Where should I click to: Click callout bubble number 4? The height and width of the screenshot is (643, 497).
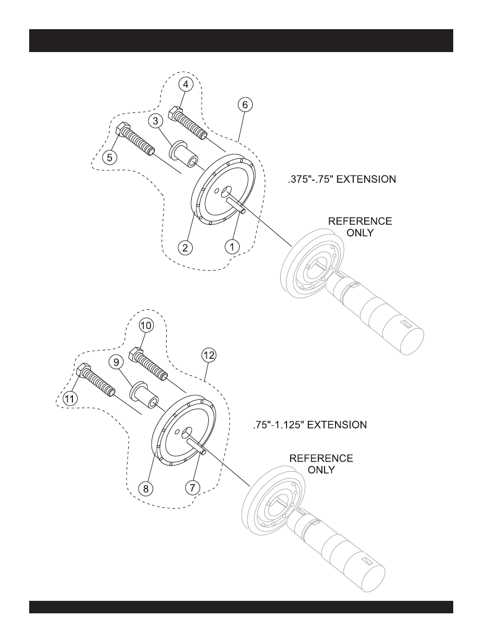pos(187,84)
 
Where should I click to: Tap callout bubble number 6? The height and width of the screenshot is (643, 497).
pos(245,105)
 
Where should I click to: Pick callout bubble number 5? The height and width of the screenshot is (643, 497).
pos(109,157)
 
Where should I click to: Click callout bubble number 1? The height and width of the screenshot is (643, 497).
pos(232,246)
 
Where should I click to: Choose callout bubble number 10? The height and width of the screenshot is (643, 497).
pos(146,325)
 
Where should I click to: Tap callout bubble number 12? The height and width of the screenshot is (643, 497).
pos(209,355)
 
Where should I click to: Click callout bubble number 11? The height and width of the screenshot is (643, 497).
pos(70,398)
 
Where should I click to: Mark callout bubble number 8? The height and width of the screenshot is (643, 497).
pos(146,488)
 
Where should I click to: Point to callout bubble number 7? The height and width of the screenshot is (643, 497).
pos(193,487)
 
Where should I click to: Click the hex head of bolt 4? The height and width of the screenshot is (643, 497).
pos(175,111)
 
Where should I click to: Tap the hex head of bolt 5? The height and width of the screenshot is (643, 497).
pos(122,128)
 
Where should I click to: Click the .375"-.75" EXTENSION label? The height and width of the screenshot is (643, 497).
pos(341,179)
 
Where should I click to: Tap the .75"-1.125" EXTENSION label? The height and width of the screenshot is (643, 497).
pos(310,425)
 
